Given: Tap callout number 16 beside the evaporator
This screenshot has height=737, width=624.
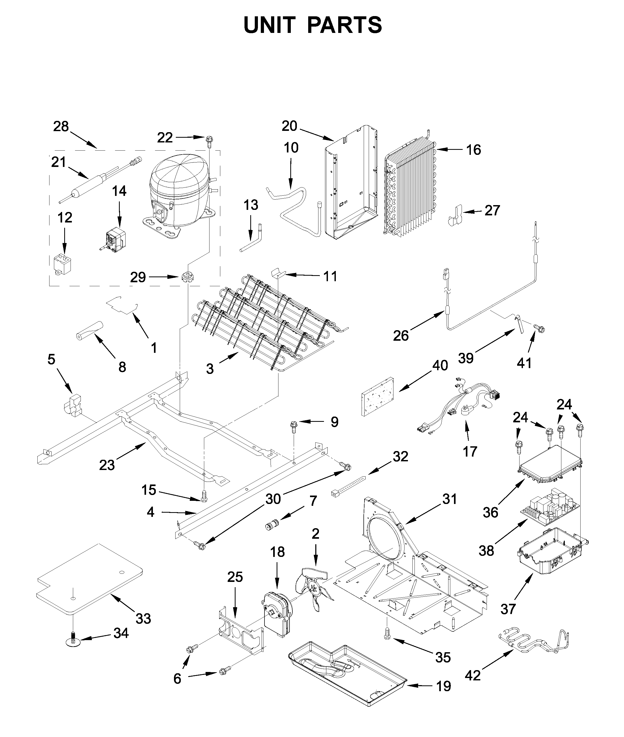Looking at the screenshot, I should [473, 150].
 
